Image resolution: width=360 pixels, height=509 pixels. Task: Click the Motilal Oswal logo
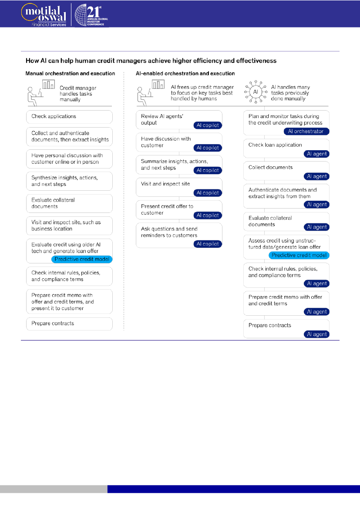44,14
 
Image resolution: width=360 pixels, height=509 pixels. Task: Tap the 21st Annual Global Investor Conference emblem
90,14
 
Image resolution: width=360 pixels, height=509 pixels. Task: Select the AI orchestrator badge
306,131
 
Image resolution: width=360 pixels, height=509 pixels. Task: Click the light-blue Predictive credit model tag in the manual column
82,259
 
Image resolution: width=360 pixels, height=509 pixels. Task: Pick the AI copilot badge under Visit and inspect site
208,193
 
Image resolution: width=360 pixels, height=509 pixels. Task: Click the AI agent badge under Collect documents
316,176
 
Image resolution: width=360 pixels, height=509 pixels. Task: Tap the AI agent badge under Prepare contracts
316,334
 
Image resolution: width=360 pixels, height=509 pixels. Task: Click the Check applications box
69,117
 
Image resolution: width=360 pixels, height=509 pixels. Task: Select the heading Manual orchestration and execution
70,74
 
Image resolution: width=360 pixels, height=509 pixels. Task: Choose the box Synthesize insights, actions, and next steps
69,181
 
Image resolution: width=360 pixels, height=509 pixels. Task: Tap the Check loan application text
275,145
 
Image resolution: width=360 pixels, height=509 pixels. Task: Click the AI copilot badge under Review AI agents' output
208,125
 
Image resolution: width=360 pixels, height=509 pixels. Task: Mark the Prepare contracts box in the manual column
69,324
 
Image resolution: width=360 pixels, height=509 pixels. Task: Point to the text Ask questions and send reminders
169,232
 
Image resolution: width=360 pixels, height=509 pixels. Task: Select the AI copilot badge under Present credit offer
208,216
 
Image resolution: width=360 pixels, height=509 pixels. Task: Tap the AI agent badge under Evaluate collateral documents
316,227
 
